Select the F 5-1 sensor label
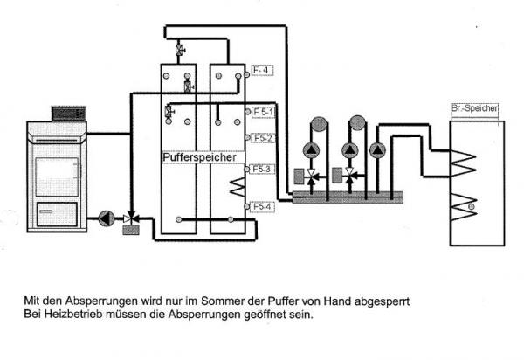(x=264, y=112)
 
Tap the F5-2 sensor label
(x=264, y=138)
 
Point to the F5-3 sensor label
(x=264, y=168)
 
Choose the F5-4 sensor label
(x=264, y=206)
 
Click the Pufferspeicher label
(x=193, y=156)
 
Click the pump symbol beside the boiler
(x=105, y=216)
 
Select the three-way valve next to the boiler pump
(x=131, y=217)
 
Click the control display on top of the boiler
(x=66, y=113)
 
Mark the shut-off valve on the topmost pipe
(x=180, y=47)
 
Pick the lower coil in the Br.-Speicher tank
(x=463, y=207)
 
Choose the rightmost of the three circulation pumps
(x=376, y=149)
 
